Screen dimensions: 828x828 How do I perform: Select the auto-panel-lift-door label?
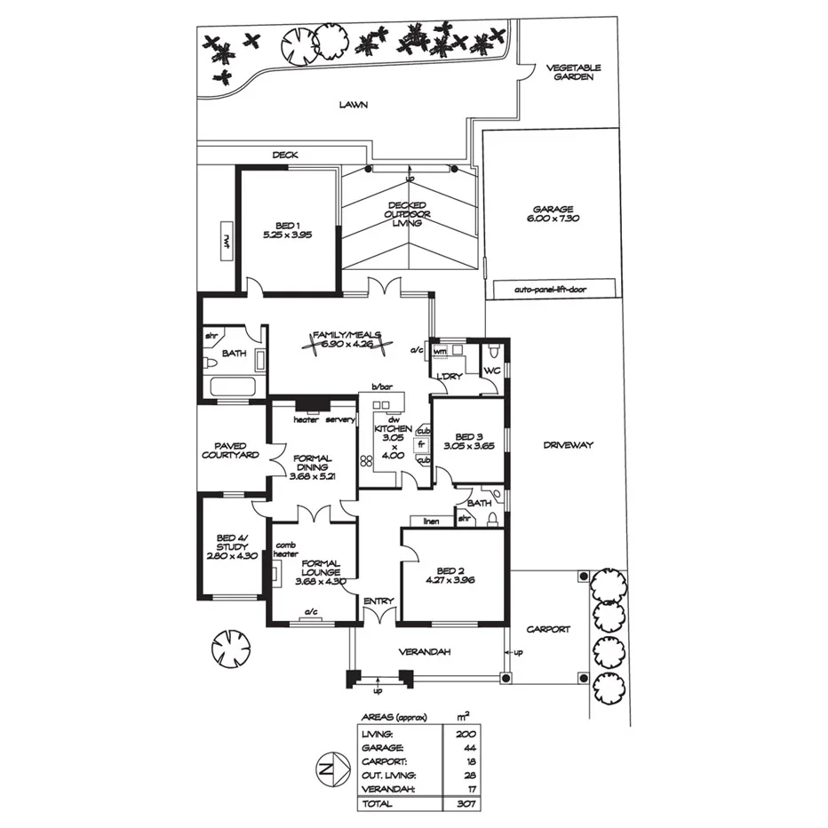pos(551,289)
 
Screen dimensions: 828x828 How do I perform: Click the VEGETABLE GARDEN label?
pos(573,72)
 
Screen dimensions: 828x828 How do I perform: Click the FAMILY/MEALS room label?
pos(346,335)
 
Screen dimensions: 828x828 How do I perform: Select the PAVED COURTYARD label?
pos(230,450)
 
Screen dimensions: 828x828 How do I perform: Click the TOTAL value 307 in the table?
pos(466,804)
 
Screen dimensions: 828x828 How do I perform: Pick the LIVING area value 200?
pos(466,734)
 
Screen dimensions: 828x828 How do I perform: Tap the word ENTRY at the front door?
pos(378,601)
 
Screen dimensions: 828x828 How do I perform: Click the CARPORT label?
pos(546,629)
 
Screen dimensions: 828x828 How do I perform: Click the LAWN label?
pos(353,104)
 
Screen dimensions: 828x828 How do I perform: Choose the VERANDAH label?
pos(425,652)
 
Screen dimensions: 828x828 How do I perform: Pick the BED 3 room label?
pos(468,442)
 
